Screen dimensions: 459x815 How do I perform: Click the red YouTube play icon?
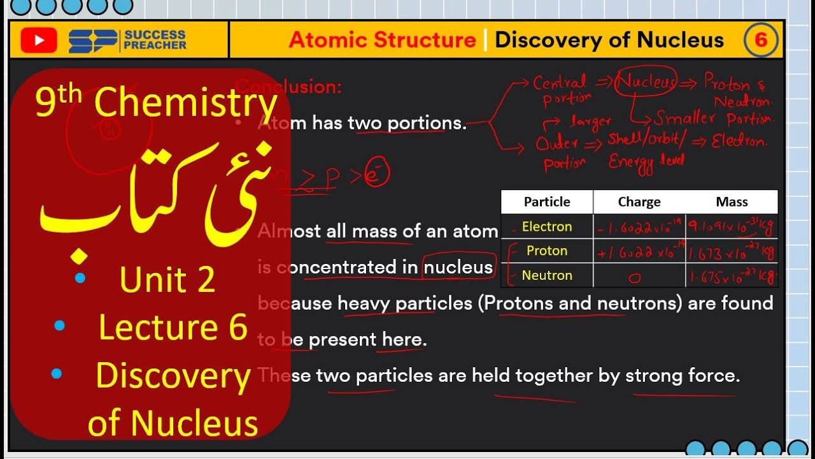point(39,41)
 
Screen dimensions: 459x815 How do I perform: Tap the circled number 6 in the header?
point(761,41)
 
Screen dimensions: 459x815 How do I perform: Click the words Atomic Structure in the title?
point(382,40)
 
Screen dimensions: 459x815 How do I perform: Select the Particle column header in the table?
point(547,202)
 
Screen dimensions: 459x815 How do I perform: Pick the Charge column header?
point(639,202)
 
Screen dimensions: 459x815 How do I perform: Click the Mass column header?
point(732,202)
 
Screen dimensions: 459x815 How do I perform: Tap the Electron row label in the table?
point(547,227)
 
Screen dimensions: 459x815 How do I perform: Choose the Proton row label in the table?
point(547,251)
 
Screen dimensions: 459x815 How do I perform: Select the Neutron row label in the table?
point(547,275)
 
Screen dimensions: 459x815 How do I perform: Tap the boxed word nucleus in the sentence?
point(458,268)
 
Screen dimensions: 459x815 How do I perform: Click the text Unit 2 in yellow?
point(167,280)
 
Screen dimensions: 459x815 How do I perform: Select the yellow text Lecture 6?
point(173,327)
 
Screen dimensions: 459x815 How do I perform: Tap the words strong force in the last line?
point(683,375)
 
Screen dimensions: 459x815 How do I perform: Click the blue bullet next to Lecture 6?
point(60,326)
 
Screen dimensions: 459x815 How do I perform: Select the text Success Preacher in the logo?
point(155,40)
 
